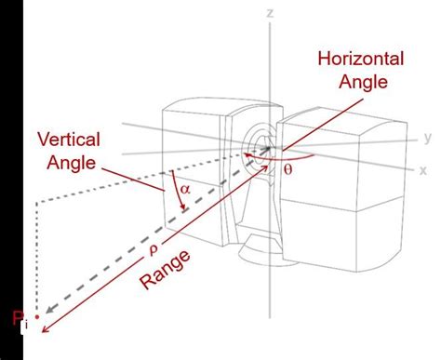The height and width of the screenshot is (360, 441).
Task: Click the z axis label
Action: coord(269,14)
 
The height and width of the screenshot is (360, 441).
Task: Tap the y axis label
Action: coord(427,138)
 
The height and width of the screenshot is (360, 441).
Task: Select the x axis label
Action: coord(422,170)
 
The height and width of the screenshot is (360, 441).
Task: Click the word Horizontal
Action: coord(361,59)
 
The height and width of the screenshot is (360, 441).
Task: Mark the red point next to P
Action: coord(36,316)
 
